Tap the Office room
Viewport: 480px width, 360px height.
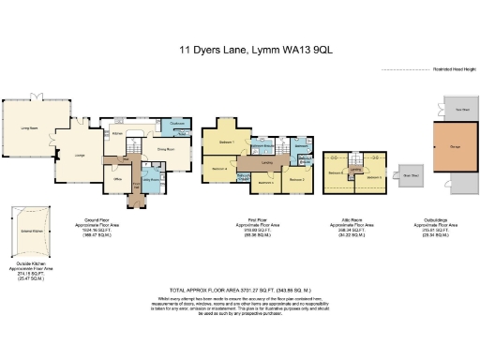pyautogui.click(x=119, y=177)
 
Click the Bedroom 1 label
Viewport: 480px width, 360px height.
pyautogui.click(x=226, y=142)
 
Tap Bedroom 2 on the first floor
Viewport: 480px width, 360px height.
pyautogui.click(x=296, y=179)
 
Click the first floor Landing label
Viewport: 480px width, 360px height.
pyautogui.click(x=267, y=166)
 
